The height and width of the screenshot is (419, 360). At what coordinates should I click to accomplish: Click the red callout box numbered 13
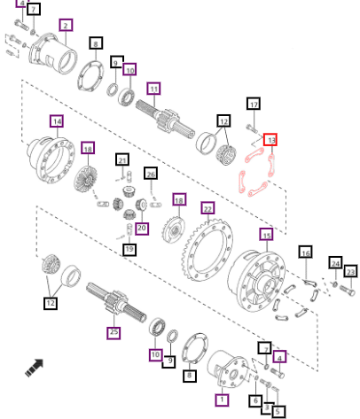270,140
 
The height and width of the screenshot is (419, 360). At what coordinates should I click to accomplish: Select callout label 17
254,104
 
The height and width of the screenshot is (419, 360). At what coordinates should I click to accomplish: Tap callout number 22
207,209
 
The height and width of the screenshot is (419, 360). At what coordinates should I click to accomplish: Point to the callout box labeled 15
267,235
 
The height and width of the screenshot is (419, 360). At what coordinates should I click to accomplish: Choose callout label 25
113,332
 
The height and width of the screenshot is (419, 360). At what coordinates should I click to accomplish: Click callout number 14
57,121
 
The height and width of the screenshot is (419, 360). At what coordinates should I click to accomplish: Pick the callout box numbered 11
153,89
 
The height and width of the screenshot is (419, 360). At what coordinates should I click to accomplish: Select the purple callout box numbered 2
66,26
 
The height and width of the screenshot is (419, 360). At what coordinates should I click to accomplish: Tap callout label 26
151,174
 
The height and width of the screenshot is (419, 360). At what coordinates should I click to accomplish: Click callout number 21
122,159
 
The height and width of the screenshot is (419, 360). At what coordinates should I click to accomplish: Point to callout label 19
129,249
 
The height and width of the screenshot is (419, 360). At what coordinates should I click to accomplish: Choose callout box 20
142,229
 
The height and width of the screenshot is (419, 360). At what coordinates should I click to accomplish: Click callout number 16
306,252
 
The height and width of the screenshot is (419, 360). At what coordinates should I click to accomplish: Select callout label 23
351,271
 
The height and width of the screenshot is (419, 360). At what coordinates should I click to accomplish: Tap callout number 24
335,263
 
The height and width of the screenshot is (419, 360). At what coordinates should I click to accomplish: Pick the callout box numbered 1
222,400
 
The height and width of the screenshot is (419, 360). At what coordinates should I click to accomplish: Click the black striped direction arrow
35,368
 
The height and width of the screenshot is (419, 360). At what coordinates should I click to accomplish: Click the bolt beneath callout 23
347,290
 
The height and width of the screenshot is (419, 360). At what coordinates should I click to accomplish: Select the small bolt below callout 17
252,128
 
